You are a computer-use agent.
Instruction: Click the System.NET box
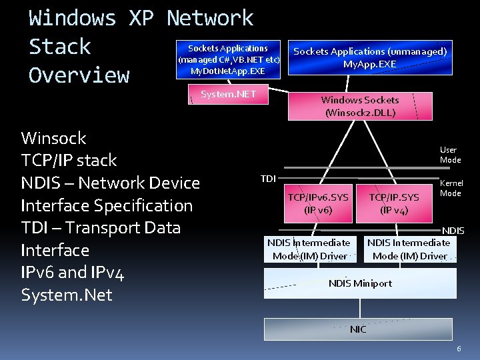click(228, 95)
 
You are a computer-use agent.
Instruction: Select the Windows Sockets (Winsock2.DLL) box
click(360, 106)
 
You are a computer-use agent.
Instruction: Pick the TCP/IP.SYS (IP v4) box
click(394, 203)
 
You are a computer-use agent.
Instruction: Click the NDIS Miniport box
click(360, 283)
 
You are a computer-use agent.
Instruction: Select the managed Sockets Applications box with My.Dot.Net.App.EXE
click(228, 59)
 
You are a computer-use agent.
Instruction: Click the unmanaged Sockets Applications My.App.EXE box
click(370, 57)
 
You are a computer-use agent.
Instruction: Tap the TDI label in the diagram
click(268, 178)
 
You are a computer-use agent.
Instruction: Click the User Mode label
click(450, 155)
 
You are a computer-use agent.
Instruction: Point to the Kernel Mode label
click(451, 188)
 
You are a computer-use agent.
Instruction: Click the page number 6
click(459, 349)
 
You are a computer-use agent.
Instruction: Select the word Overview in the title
click(79, 75)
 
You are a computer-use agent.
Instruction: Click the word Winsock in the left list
click(54, 138)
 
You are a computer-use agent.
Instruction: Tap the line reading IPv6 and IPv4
click(73, 272)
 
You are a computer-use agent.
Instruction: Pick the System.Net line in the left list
click(67, 294)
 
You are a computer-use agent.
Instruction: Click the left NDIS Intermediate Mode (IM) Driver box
click(309, 249)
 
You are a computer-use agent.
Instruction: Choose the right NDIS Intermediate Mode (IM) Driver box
click(409, 249)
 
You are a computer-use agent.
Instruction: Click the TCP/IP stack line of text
click(69, 161)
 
